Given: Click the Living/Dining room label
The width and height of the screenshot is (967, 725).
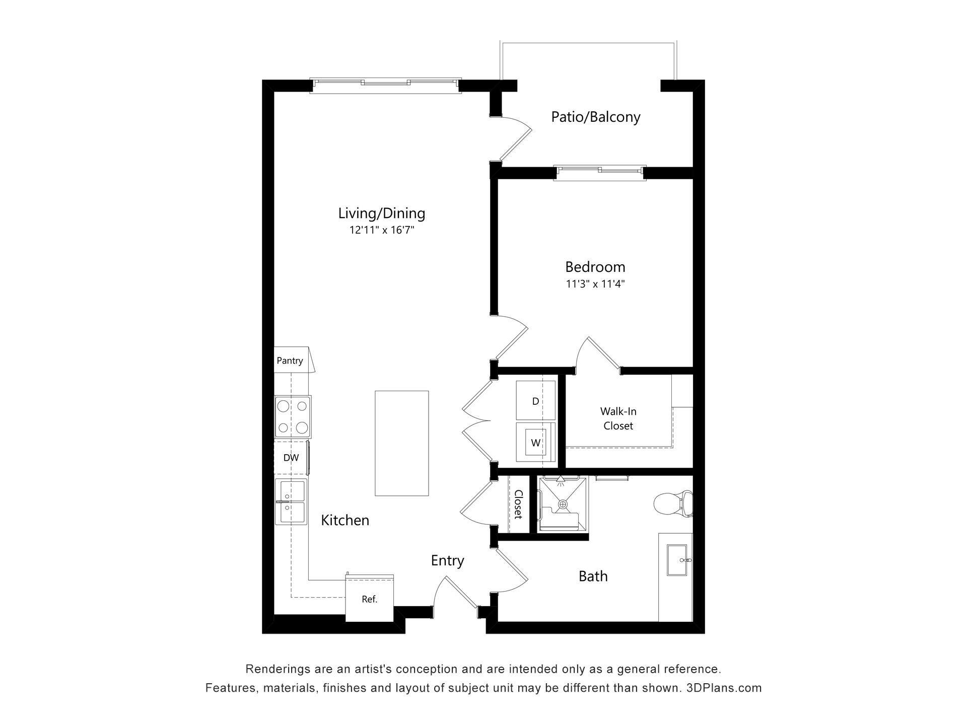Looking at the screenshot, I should (381, 213).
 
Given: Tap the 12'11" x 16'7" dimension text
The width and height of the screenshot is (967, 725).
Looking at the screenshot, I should (382, 231).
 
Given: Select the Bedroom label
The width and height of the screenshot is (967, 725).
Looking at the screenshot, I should (595, 267).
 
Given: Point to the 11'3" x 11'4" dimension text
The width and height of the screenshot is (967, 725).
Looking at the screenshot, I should (595, 284).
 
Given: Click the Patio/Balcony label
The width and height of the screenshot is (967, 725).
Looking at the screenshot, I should (595, 117).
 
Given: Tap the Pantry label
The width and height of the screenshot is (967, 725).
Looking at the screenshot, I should (290, 360).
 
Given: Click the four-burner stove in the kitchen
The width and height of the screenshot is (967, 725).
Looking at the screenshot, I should (293, 416).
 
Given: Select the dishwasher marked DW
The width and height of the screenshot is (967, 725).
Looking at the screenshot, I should (291, 458).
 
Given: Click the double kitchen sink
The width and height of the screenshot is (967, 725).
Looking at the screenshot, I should (291, 502).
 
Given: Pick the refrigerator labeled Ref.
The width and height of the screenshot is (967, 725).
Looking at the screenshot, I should (369, 599).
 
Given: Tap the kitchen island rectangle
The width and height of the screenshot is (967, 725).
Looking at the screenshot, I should (401, 443).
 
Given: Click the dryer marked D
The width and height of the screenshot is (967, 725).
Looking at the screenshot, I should (535, 401).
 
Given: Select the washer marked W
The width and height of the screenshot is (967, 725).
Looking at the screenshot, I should (535, 443).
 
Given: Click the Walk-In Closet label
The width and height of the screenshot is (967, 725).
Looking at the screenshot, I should (618, 418).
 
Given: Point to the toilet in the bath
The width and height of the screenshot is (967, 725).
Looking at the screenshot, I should (672, 503).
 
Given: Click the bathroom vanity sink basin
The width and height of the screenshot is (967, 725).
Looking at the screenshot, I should (679, 560).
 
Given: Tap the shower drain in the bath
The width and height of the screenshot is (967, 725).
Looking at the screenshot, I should (563, 503).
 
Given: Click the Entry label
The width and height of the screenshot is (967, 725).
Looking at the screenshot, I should (447, 561).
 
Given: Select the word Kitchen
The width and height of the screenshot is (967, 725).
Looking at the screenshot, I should (345, 520).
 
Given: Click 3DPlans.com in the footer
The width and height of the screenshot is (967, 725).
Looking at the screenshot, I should (724, 688).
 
